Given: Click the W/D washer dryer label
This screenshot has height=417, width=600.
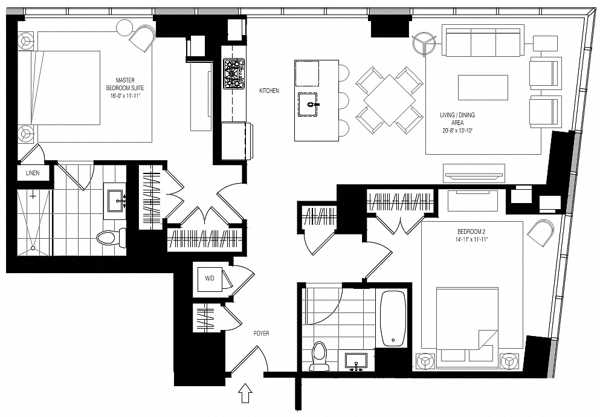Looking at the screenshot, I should [209, 279].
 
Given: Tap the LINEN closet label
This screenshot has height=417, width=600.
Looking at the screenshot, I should [32, 173].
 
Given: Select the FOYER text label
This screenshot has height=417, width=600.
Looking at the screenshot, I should [261, 333].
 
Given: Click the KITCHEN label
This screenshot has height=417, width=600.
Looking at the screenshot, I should [269, 91].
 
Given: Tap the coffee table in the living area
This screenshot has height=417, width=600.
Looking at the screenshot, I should [483, 88].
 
